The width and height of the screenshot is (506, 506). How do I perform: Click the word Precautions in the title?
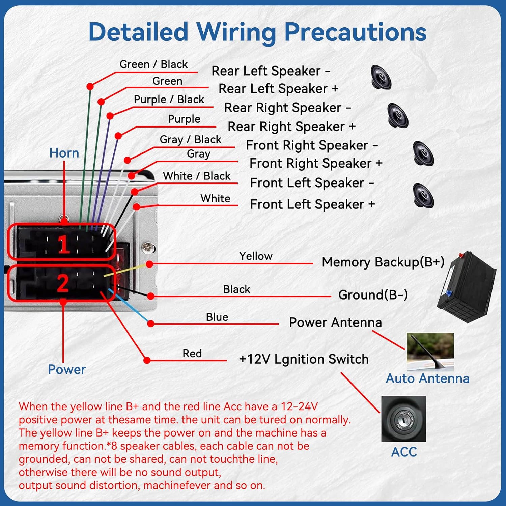pyautogui.click(x=356, y=32)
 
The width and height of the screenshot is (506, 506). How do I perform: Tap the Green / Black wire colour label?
pyautogui.click(x=153, y=64)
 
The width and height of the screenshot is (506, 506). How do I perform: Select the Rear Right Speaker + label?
pyautogui.click(x=292, y=126)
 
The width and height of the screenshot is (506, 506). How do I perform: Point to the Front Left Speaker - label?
pyautogui.click(x=312, y=183)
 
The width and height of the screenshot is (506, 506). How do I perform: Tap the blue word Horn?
pyautogui.click(x=64, y=153)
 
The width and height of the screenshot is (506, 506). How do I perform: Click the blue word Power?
pyautogui.click(x=67, y=369)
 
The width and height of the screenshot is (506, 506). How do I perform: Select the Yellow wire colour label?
pyautogui.click(x=256, y=256)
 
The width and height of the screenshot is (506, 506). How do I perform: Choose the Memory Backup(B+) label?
pyautogui.click(x=383, y=262)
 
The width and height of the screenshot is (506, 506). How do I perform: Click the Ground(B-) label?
pyautogui.click(x=373, y=294)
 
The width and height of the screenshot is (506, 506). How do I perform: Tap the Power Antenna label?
pyautogui.click(x=336, y=322)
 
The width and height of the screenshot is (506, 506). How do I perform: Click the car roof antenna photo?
pyautogui.click(x=430, y=352)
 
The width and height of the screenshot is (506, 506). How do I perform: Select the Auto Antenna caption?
pyautogui.click(x=428, y=378)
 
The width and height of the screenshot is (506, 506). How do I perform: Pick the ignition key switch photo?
pyautogui.click(x=404, y=419)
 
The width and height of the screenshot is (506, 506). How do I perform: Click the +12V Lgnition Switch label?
pyautogui.click(x=304, y=359)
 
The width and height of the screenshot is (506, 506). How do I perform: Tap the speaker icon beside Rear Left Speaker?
pyautogui.click(x=381, y=77)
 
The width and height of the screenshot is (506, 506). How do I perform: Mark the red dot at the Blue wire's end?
pyautogui.click(x=151, y=324)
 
